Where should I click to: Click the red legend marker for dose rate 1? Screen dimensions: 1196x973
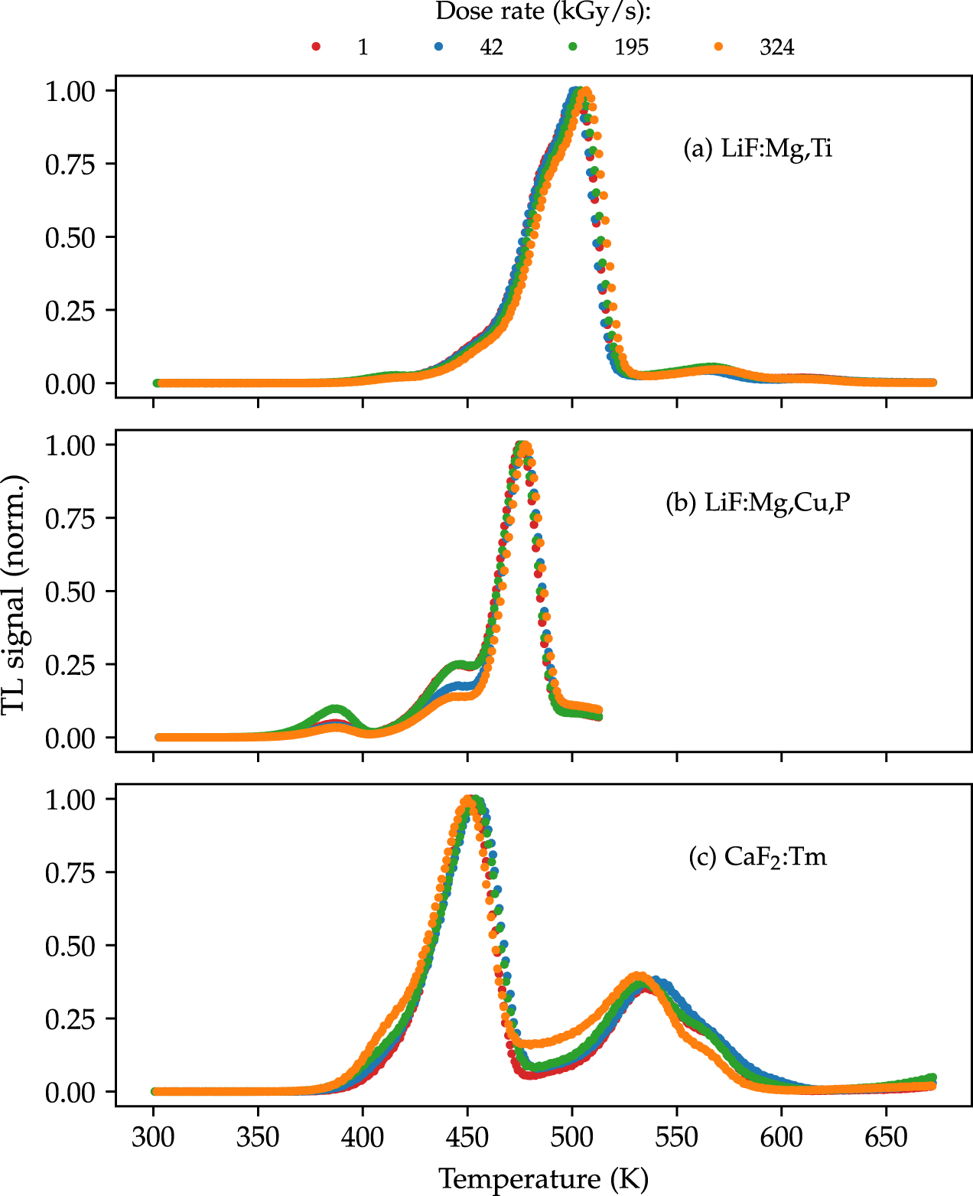pos(316,47)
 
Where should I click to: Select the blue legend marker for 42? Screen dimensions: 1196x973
pos(439,47)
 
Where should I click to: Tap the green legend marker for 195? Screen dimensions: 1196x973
pos(573,47)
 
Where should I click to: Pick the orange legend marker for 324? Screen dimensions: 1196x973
pos(718,47)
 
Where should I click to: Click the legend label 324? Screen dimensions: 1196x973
pos(776,47)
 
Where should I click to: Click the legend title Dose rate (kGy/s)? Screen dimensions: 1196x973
pos(543,12)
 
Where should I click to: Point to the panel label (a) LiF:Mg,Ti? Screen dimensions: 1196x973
pos(757,148)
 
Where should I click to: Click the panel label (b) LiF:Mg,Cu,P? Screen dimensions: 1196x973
pos(757,502)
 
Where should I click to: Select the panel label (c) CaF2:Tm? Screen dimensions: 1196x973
pos(757,856)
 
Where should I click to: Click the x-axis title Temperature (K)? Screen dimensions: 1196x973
pos(543,1178)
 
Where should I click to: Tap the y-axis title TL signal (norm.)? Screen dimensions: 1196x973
pos(14,594)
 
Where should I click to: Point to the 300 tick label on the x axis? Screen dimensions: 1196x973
pos(153,1137)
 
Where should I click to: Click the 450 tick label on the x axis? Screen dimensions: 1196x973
pos(467,1137)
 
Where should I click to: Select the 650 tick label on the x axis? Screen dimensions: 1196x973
pos(886,1137)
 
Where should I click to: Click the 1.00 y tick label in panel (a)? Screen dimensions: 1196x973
pos(70,91)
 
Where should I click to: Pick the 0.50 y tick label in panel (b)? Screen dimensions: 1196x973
pos(70,591)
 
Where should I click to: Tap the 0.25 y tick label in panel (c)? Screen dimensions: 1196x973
pos(70,1019)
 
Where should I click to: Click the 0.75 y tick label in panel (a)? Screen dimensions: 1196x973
pos(70,165)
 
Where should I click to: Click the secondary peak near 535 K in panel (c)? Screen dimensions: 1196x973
pos(638,977)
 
